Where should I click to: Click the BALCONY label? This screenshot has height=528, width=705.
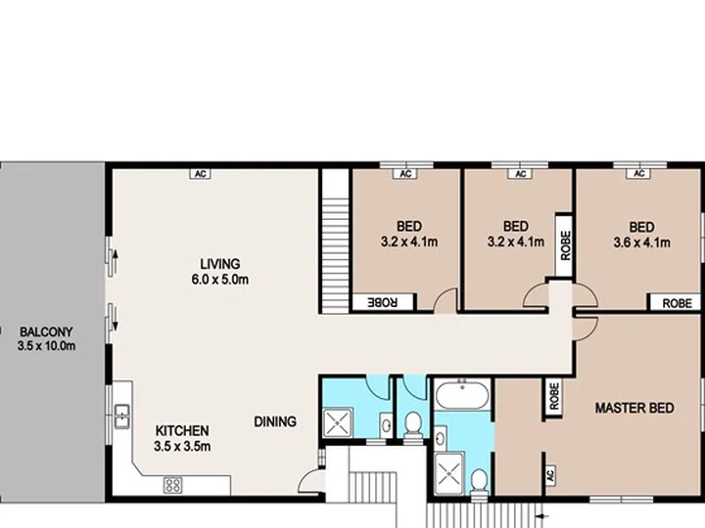point(46,332)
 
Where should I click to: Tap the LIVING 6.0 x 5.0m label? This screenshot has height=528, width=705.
point(220,272)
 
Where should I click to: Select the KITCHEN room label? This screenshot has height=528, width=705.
point(182,431)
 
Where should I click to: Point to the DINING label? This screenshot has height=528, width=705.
point(275,421)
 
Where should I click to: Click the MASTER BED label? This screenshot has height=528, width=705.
point(634,408)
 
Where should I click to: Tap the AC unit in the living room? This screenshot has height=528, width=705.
point(201,174)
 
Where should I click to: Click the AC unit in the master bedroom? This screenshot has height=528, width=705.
point(550,475)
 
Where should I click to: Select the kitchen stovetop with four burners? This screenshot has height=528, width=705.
point(173,485)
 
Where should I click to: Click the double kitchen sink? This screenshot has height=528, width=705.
point(121,417)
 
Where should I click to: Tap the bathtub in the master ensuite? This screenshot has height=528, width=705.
point(462,394)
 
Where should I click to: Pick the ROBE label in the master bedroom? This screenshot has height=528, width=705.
point(554,396)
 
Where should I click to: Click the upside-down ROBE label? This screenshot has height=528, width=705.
point(383,302)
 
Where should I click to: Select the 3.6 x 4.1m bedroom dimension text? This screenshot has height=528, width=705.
point(641,242)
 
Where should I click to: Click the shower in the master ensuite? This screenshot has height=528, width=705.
point(449,473)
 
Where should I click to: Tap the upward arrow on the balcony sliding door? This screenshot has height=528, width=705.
point(115,262)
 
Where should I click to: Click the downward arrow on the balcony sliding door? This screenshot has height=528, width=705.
point(116,319)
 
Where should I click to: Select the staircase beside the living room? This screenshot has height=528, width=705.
point(336,241)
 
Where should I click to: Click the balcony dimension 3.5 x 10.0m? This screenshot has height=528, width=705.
point(46,346)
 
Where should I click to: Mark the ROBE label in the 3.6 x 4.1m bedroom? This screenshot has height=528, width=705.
point(678,303)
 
